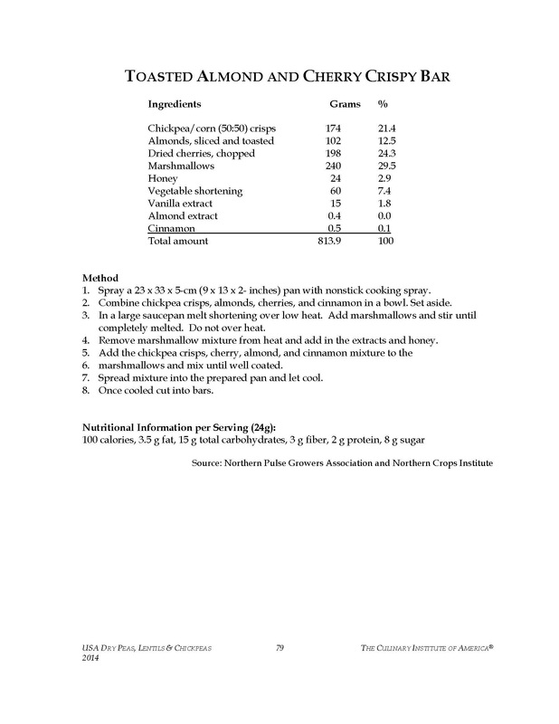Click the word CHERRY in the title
point(318,78)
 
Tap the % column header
point(383,104)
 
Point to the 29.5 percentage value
point(388,167)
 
